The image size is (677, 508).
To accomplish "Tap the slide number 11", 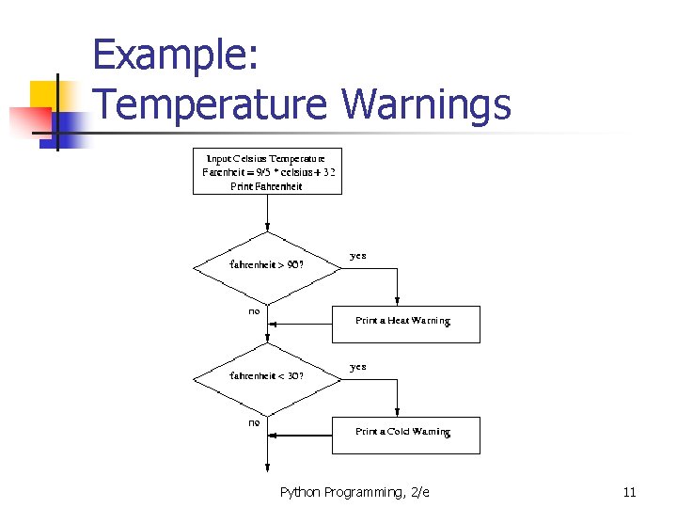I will (629, 492).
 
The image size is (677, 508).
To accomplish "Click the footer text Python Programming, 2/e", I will (354, 492).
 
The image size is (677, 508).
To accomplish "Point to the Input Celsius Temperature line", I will (266, 158).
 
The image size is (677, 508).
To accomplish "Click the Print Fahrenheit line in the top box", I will (267, 186).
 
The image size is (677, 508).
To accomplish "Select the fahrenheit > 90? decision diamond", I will (268, 265).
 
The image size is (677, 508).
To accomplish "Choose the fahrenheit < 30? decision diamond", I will (268, 375).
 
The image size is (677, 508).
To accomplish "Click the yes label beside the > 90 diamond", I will (358, 256).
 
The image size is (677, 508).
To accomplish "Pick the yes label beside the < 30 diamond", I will (358, 367).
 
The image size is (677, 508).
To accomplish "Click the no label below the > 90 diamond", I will (254, 311).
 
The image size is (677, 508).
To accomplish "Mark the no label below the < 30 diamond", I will (254, 422).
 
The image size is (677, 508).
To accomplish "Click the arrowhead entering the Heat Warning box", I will (398, 302).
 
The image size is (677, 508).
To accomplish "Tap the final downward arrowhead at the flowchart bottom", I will (268, 467).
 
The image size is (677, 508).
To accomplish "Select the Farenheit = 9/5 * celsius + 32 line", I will (268, 172).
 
